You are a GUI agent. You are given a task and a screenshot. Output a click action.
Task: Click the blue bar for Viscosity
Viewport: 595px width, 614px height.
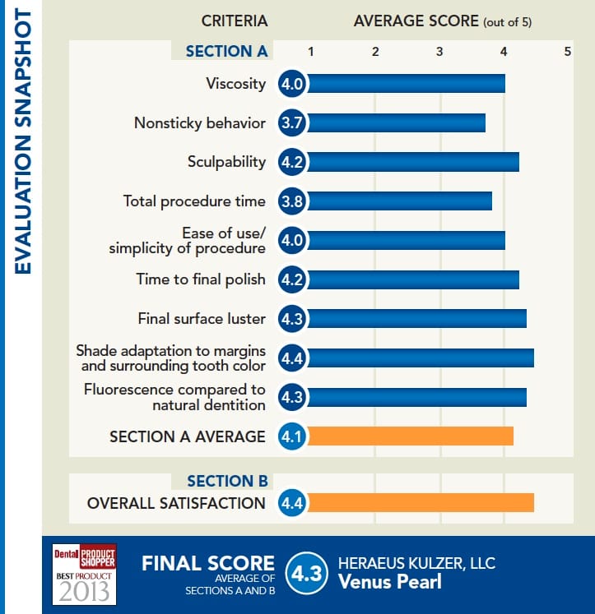tap(406, 84)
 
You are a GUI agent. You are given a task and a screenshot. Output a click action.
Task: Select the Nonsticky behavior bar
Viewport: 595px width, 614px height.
tap(396, 123)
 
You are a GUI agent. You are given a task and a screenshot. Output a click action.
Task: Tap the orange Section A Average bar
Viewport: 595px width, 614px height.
tap(410, 436)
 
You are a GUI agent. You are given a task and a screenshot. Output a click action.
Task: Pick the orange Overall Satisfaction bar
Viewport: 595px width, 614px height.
tap(421, 502)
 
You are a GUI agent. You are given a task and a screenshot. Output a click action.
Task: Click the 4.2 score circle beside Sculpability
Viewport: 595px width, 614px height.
tap(292, 162)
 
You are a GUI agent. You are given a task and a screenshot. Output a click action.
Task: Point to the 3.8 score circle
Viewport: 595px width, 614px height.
tap(292, 201)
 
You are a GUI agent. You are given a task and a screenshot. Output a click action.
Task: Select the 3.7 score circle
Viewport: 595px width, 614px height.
tap(292, 123)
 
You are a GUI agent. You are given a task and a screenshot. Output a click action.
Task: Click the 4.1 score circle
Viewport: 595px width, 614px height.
tap(292, 436)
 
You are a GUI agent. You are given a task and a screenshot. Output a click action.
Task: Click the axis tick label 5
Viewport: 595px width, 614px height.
tap(567, 52)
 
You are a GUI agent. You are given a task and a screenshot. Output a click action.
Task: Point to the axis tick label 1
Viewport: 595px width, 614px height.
tap(310, 52)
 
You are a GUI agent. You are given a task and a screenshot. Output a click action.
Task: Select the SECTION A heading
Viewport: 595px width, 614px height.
tap(226, 51)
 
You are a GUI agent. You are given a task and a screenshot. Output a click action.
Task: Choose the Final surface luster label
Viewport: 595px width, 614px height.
tap(202, 319)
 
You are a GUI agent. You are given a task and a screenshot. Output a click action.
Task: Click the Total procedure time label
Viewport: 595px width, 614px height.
tap(194, 201)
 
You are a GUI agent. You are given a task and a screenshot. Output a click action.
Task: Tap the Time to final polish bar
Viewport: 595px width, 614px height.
tap(412, 279)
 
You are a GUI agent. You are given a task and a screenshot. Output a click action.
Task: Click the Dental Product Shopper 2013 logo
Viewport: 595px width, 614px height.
tap(84, 574)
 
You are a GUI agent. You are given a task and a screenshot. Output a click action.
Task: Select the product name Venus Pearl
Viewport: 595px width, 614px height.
tap(389, 583)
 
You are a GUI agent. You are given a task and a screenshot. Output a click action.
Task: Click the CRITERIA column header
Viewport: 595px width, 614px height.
tap(234, 21)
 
